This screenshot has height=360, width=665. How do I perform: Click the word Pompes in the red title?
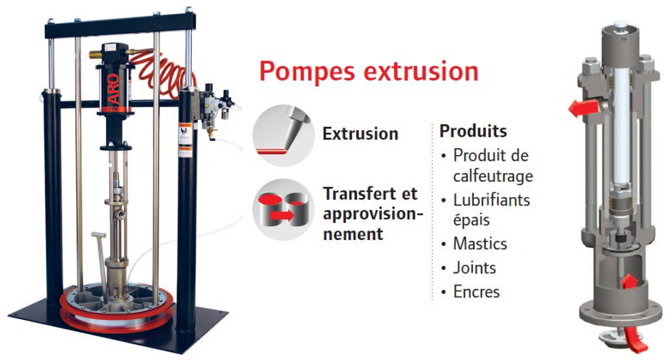coord(307,71)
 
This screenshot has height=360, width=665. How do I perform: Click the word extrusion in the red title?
coord(422,71)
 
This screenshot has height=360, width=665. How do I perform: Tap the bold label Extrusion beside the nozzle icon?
coord(361,134)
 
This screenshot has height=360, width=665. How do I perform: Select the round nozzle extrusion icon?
coord(283,135)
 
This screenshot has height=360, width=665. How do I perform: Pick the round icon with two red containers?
coord(283,210)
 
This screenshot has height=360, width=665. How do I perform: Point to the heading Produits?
coord(473,131)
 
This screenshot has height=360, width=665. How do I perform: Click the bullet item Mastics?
coord(480,244)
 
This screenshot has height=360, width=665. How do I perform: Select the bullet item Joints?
coord(474,268)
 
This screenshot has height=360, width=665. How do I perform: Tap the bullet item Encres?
coord(476,291)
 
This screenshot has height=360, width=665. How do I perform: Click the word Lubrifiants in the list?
coord(492,200)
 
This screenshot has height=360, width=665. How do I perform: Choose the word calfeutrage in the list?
coord(493,176)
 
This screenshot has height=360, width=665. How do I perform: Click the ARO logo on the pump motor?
coord(113,88)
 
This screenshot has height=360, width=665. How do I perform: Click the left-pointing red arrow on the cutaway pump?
coord(583,108)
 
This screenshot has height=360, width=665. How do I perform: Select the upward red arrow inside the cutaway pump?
coord(629,281)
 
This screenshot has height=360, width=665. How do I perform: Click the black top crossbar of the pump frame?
coord(120,25)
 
